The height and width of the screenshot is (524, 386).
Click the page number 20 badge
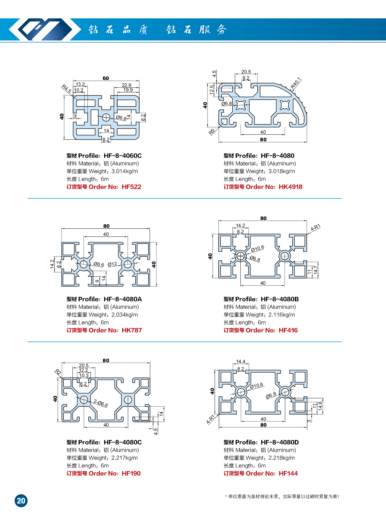point(21,501)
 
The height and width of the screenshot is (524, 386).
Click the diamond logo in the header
point(40,29)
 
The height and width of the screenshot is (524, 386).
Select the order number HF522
point(131,187)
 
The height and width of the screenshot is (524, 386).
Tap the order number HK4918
point(291,187)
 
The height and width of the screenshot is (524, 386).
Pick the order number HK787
point(132,330)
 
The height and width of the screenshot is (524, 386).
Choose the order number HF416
point(288,330)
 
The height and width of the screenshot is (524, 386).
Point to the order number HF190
point(131,473)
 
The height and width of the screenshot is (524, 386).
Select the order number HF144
point(288,473)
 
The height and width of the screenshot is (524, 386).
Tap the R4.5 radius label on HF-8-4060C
point(66,89)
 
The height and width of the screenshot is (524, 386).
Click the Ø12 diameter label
point(112,264)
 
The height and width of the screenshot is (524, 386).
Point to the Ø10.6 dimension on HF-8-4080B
point(258,248)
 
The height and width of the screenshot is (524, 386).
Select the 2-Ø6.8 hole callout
point(101,404)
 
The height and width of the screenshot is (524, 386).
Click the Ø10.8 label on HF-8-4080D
point(256,386)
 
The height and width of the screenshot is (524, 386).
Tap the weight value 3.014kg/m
point(124,171)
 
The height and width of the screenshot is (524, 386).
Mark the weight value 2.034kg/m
point(124,315)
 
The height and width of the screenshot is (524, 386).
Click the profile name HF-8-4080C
point(123,442)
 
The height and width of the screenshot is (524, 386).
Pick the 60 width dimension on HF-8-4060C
point(106,78)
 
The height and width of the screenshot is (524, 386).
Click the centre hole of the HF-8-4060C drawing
point(106,117)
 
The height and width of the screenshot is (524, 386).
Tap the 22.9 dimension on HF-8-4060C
point(126,85)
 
